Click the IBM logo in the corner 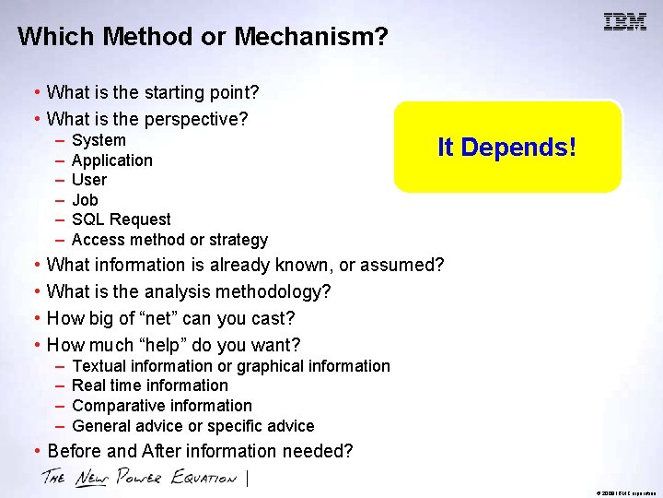point(624,22)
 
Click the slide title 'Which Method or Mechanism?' point(203,37)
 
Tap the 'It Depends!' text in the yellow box point(506,148)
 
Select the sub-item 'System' point(99,140)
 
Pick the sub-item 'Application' point(112,160)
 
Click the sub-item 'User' point(89,180)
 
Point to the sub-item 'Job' point(85,200)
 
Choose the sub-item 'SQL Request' point(122,219)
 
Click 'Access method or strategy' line point(169,240)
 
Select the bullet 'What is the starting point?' point(152,92)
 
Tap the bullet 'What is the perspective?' point(147,119)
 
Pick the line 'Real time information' point(150,385)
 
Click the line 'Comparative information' point(162,406)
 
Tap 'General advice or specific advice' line point(193,426)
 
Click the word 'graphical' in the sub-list point(272,366)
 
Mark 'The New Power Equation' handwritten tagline point(138,478)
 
